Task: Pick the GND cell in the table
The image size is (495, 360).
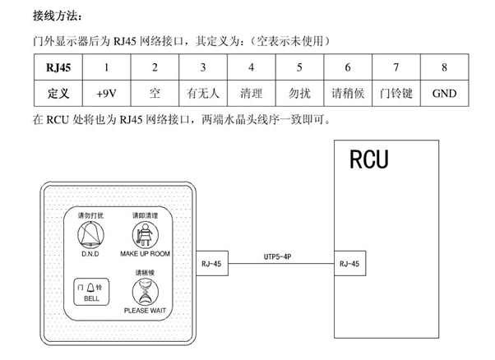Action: point(444,93)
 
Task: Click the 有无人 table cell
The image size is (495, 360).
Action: point(202,93)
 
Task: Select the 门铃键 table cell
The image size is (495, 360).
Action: point(396,93)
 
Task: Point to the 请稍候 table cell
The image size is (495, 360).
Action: point(347,93)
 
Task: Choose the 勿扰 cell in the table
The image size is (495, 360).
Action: point(299,93)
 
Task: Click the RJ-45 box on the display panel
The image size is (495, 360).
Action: point(212,265)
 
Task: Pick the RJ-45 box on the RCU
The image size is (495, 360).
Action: point(348,265)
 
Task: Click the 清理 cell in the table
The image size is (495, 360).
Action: point(251,93)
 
